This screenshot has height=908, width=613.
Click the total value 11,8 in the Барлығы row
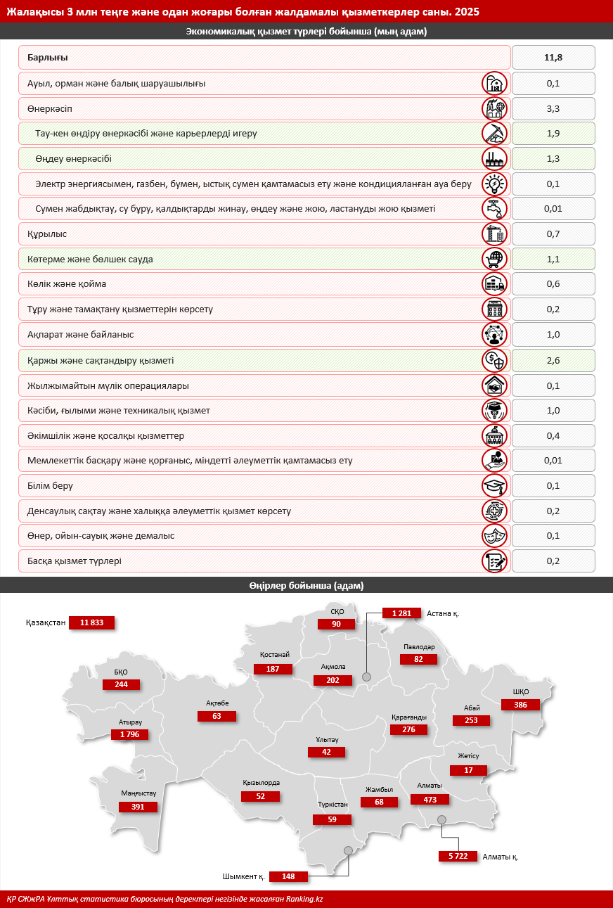click(553, 58)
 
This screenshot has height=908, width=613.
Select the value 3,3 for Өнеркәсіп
click(553, 109)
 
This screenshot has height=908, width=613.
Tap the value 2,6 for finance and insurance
click(553, 360)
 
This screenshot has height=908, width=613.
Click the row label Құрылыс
click(47, 234)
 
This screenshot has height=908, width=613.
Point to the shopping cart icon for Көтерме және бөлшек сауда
click(494, 260)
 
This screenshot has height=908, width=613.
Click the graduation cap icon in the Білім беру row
click(494, 486)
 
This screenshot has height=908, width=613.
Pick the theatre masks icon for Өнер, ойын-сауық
click(494, 536)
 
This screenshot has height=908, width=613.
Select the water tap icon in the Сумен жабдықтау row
click(494, 209)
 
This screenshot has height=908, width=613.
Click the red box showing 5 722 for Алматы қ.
click(458, 856)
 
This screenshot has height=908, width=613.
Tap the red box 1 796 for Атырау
click(130, 734)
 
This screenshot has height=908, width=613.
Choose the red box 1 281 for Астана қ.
click(401, 613)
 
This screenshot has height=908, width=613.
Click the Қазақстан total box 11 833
click(91, 622)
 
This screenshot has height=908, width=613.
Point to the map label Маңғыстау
click(138, 793)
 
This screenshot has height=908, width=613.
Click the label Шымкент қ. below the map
click(243, 876)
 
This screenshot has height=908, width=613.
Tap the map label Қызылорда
click(261, 783)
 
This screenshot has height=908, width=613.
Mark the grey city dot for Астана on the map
click(366, 677)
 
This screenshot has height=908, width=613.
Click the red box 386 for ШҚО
click(520, 704)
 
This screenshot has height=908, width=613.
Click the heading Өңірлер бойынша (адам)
click(306, 585)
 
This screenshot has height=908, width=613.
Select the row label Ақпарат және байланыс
click(80, 335)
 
